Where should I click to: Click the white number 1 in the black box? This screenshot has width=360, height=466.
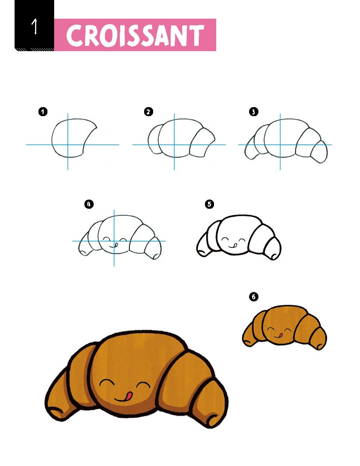[35, 27]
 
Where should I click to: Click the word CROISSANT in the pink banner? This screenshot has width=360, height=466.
[135, 35]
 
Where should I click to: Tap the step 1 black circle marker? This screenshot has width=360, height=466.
[43, 112]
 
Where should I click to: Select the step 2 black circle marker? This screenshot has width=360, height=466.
[149, 112]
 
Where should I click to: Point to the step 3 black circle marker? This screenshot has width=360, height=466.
[254, 112]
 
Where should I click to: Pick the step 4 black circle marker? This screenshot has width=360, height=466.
[89, 204]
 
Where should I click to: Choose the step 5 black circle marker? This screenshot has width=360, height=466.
[210, 204]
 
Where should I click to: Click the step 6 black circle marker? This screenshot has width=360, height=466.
[254, 297]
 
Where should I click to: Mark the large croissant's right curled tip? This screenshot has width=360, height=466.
[213, 420]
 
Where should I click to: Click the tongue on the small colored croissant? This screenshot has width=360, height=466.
[280, 335]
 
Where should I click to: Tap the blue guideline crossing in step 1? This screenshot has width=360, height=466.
[68, 145]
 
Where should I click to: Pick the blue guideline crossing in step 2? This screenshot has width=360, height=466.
[174, 145]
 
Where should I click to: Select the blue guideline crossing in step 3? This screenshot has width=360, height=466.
[280, 145]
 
